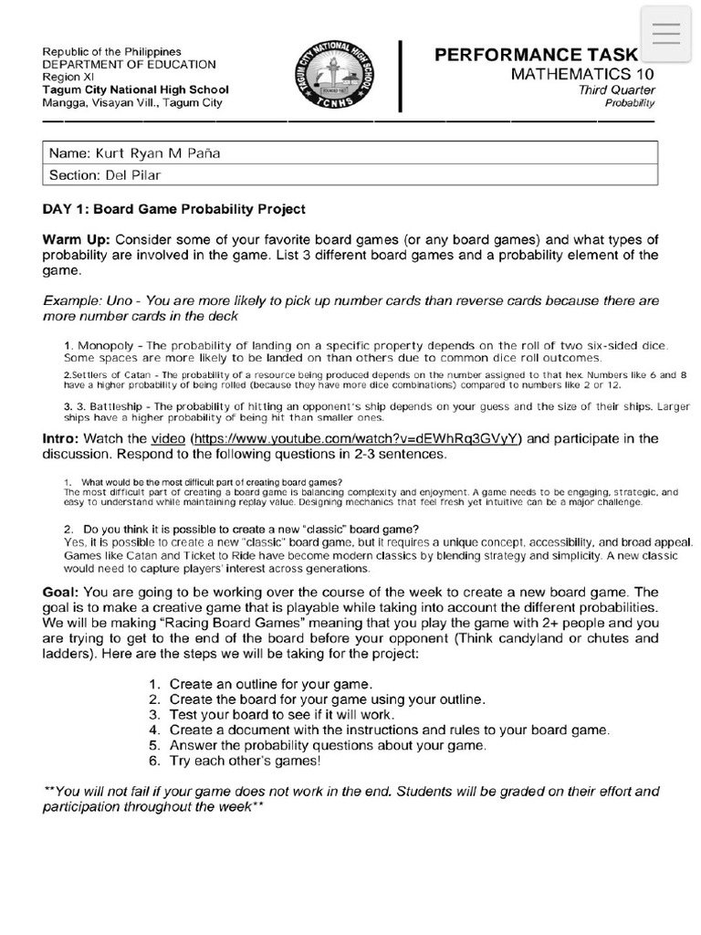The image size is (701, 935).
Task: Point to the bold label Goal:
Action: click(63, 592)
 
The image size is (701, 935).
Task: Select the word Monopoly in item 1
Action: click(104, 345)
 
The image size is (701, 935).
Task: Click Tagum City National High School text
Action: click(136, 89)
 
